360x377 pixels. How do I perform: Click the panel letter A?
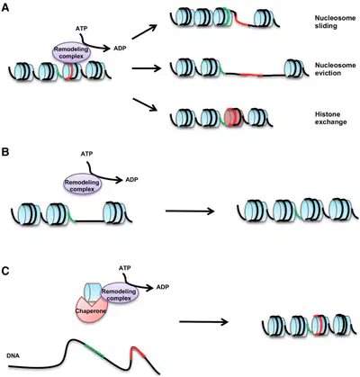[x=5, y=7]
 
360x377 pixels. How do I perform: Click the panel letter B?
[x=5, y=152]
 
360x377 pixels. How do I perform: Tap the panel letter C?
[x=5, y=271]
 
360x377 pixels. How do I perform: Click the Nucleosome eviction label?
[x=335, y=69]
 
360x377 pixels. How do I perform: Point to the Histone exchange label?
[x=331, y=118]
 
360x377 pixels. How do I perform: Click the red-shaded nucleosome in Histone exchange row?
[x=233, y=117]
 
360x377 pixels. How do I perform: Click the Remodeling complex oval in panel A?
[x=71, y=52]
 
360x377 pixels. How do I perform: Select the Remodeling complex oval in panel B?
[x=83, y=184]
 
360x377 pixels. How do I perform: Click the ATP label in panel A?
[x=81, y=29]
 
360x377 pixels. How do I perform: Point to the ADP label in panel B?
[x=131, y=180]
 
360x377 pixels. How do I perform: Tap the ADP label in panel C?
[x=163, y=287]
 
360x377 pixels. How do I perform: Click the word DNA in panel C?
[x=12, y=356]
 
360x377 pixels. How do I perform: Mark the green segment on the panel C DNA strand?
[x=94, y=350]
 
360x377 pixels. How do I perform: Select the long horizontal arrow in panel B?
[x=190, y=211]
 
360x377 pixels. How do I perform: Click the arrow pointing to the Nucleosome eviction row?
[x=147, y=68]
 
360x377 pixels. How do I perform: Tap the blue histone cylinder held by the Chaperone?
[x=92, y=292]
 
